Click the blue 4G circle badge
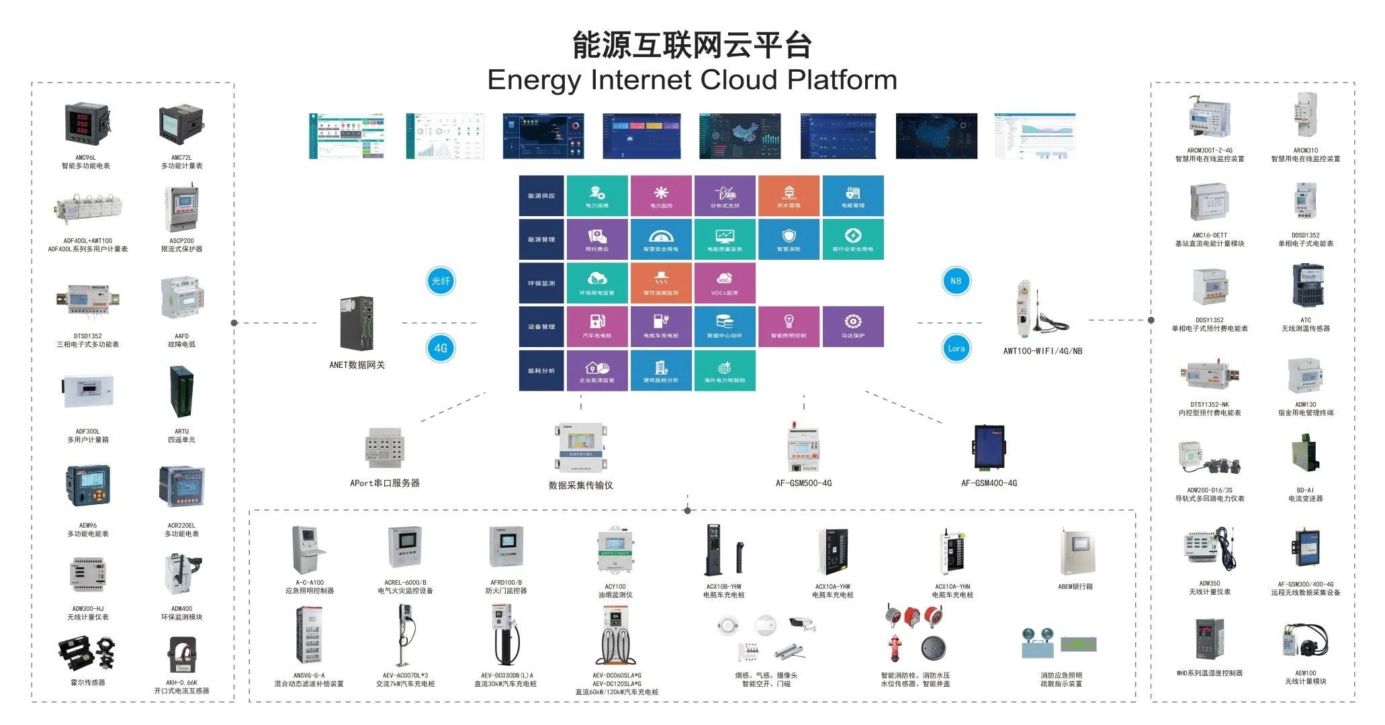tap(441, 348)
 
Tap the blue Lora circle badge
tap(956, 348)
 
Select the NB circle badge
tap(956, 281)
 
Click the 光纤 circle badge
tap(441, 281)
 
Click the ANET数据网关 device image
tap(357, 324)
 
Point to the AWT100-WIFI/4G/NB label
tap(1042, 351)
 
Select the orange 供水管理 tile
tap(789, 195)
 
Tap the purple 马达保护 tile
tap(853, 326)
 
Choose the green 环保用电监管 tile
tap(597, 283)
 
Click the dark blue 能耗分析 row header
tap(541, 371)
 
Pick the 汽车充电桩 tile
tap(597, 326)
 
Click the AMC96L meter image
tap(85, 125)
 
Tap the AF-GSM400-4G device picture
tap(989, 448)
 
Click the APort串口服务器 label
tap(385, 483)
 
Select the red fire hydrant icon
tap(894, 648)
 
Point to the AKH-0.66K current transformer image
tap(182, 657)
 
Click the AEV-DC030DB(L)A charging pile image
tap(505, 635)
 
